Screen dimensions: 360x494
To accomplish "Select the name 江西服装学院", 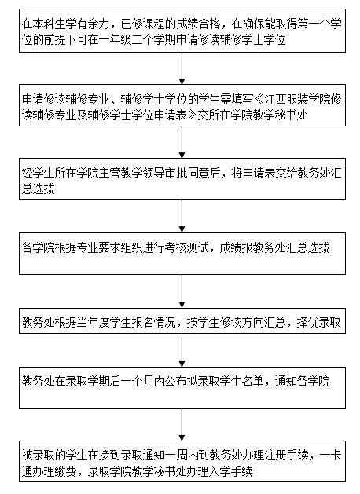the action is [297, 100].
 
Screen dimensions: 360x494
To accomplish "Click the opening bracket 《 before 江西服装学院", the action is [259, 100].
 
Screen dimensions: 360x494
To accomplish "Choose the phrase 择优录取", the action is [319, 322].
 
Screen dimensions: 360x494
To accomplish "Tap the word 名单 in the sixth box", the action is [252, 381].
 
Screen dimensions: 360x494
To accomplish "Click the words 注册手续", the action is [286, 456].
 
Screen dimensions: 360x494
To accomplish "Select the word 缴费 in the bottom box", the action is [65, 472].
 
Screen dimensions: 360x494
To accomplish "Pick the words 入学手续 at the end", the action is [230, 472].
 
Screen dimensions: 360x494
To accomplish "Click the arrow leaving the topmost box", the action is [182, 68].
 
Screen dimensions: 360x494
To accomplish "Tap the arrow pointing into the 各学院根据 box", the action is [182, 216].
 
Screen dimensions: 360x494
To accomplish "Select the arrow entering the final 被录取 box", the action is [182, 425].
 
